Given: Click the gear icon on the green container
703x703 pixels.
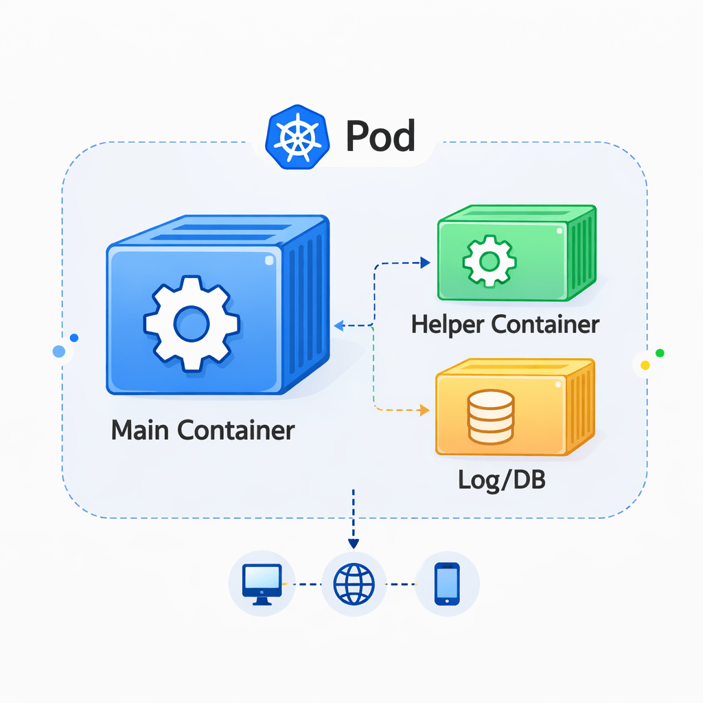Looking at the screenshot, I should (x=489, y=261).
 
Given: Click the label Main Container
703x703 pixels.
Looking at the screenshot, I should (x=203, y=430).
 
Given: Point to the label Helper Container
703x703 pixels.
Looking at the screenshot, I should (x=505, y=325).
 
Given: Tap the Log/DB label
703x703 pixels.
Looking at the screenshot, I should (x=501, y=480).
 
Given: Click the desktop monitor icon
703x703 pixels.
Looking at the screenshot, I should (x=262, y=584).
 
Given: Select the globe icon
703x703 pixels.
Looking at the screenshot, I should (x=354, y=584).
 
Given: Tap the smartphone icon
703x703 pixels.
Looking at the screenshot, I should (x=447, y=584).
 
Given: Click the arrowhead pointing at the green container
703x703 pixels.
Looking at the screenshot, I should (x=424, y=262).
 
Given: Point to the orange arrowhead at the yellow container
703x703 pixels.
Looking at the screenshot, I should (x=424, y=411).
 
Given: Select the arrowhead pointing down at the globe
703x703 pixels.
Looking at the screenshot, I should (x=354, y=543).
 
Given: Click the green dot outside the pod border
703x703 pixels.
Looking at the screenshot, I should (x=660, y=353).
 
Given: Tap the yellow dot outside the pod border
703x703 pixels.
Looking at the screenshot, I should (x=645, y=365).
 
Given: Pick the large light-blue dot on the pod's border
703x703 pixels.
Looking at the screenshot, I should (x=59, y=351).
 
